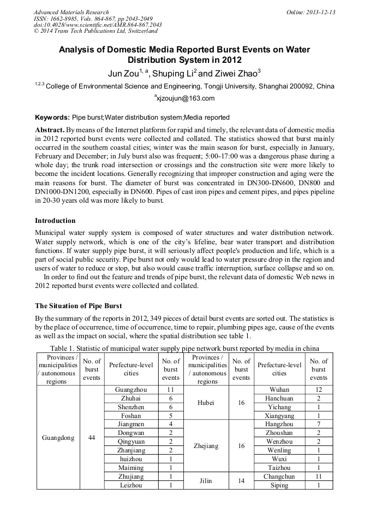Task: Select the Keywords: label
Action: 52,117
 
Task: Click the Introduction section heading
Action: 55,221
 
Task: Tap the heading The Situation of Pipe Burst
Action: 79,305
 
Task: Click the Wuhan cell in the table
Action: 279,390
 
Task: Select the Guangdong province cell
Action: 58,438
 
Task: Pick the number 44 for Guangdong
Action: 92,438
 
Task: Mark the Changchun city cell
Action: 279,476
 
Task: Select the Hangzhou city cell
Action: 279,424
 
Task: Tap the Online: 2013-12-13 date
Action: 310,12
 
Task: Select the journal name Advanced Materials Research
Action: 71,12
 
